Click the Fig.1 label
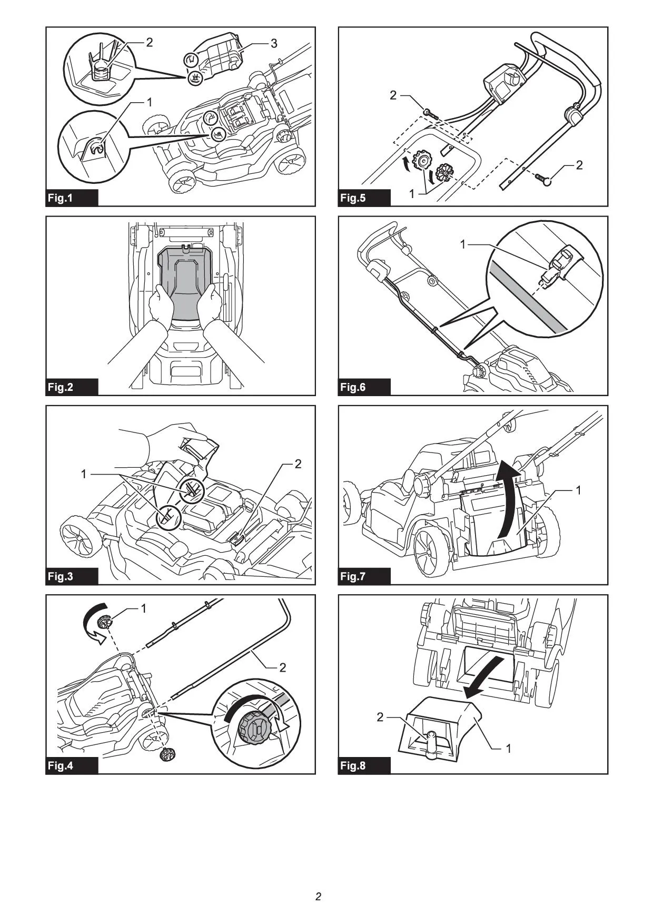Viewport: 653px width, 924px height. [x=60, y=198]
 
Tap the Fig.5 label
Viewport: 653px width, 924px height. [x=352, y=198]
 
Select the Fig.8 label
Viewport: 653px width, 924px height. [x=352, y=765]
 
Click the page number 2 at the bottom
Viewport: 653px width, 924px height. [x=318, y=896]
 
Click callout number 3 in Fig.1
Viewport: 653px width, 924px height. [x=274, y=43]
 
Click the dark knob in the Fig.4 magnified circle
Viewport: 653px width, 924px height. [x=254, y=728]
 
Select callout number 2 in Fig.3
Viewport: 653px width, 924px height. [x=298, y=464]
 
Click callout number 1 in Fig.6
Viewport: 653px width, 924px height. [x=463, y=244]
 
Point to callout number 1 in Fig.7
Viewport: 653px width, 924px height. [x=579, y=490]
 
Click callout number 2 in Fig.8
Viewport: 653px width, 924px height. [x=380, y=717]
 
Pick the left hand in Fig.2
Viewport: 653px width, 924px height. [x=161, y=306]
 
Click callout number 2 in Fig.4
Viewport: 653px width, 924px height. [x=283, y=667]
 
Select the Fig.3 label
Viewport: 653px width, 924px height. [x=60, y=576]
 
